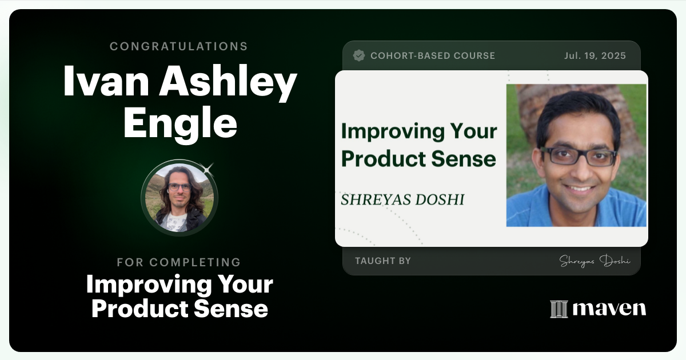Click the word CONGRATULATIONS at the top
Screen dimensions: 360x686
point(179,46)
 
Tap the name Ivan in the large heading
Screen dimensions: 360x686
point(106,82)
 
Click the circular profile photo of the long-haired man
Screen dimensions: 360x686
point(180,198)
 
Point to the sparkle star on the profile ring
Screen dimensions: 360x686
point(208,168)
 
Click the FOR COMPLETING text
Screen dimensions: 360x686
point(179,262)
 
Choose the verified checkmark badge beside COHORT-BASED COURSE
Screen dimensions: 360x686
point(359,55)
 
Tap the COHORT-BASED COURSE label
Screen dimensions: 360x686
point(433,56)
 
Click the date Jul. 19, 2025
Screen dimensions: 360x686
point(595,56)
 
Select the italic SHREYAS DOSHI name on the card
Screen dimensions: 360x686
point(402,199)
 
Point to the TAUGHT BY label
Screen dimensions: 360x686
point(382,261)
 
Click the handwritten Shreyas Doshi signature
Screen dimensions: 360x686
point(595,261)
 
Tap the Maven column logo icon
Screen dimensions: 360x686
point(559,309)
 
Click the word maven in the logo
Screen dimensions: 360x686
point(609,309)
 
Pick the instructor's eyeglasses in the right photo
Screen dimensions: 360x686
point(579,156)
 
